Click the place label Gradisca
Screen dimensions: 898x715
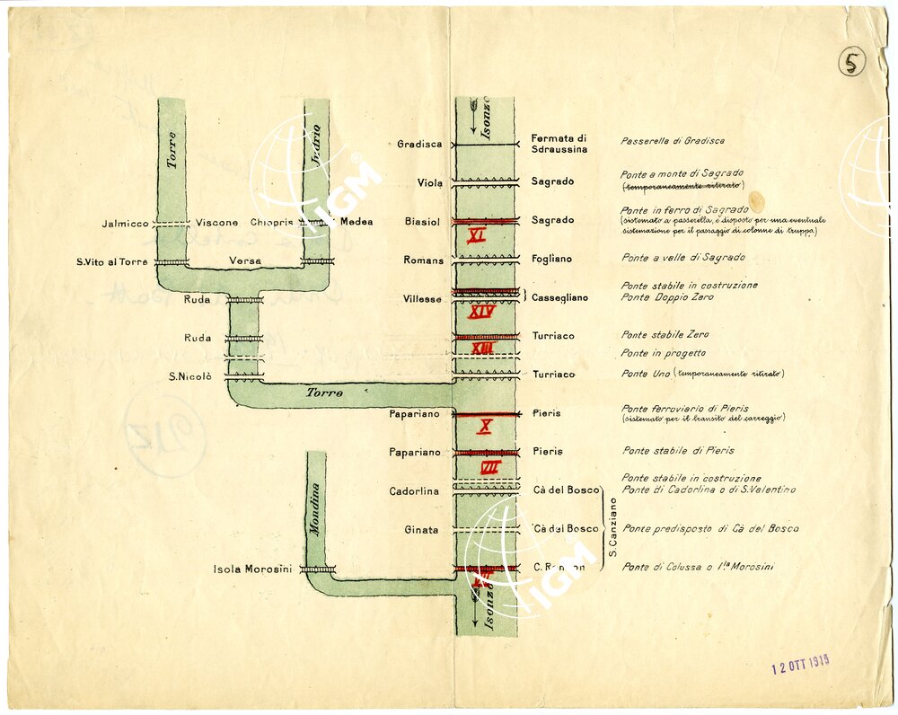coord(419,145)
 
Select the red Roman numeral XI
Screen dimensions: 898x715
coord(477,235)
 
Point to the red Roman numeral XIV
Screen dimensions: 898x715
coord(482,313)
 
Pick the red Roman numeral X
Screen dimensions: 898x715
coord(484,427)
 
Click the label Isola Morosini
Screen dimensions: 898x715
coord(252,569)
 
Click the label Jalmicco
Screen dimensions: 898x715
coord(125,223)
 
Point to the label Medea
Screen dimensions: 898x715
coord(357,222)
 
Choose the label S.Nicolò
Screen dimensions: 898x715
coord(189,376)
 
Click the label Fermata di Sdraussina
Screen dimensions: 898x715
coord(559,144)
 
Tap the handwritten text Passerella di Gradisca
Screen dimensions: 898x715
coord(672,141)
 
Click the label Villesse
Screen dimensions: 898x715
coord(422,299)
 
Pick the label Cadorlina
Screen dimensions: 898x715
coord(414,491)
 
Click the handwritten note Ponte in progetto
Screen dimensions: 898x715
coord(663,353)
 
